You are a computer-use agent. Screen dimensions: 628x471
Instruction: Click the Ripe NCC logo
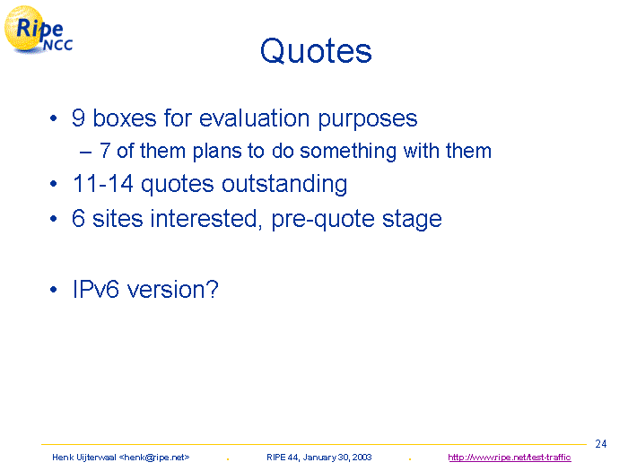39,30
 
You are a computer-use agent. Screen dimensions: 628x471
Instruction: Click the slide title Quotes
316,51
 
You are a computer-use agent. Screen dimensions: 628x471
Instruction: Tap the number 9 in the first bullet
78,118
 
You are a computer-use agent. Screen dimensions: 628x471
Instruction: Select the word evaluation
254,118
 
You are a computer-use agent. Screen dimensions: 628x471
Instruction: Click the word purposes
368,119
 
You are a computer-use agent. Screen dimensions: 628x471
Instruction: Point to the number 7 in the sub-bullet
105,151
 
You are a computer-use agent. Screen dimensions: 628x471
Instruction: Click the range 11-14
103,184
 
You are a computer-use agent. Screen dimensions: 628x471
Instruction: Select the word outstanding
284,184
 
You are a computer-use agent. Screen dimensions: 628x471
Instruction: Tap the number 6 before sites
79,219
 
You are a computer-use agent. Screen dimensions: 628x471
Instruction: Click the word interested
206,219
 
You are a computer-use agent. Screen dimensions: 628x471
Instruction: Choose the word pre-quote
323,220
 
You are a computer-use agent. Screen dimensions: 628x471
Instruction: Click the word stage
412,220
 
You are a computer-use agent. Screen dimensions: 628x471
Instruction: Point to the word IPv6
96,289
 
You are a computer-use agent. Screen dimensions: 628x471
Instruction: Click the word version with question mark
172,289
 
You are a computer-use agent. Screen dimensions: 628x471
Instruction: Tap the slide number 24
601,444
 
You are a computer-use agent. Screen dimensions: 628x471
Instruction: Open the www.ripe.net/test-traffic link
510,458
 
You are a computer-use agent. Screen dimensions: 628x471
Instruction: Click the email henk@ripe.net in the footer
154,458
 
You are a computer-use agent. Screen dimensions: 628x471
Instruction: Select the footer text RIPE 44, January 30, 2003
319,458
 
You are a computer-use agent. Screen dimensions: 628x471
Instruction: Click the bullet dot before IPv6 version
54,290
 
